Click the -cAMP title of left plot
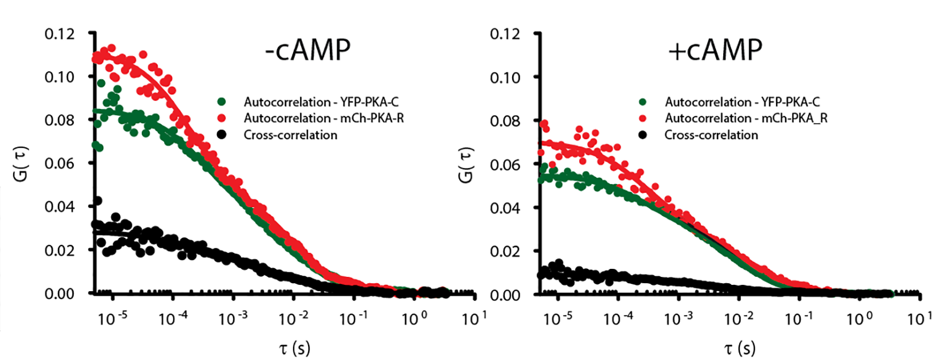point(307,50)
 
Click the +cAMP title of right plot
point(715,50)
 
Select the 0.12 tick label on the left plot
point(60,34)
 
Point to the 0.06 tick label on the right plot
point(505,165)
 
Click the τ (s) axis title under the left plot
point(295,347)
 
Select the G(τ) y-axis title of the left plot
point(21,164)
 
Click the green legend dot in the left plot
point(222,102)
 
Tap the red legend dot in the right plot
point(643,118)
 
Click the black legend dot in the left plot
point(222,135)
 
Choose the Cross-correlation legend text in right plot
point(711,135)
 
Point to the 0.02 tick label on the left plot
point(60,250)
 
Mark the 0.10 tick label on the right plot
point(505,77)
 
